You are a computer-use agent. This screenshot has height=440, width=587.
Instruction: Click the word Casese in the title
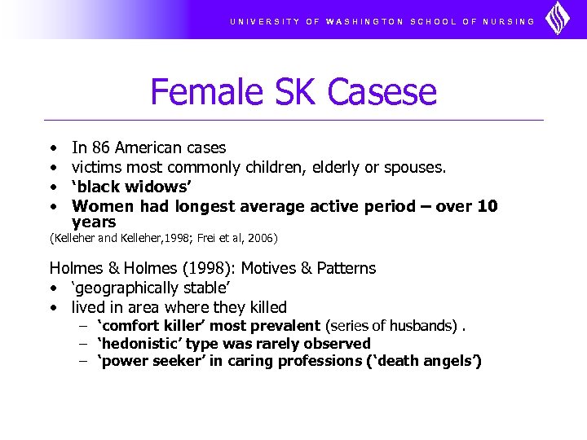(390, 92)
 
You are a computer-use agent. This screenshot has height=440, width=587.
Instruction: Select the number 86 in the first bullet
(100, 147)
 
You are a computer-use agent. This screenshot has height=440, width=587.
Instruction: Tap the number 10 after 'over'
(488, 206)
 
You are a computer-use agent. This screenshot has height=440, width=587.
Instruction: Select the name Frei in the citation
(204, 238)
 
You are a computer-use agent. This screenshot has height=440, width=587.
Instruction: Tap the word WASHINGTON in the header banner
(364, 21)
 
